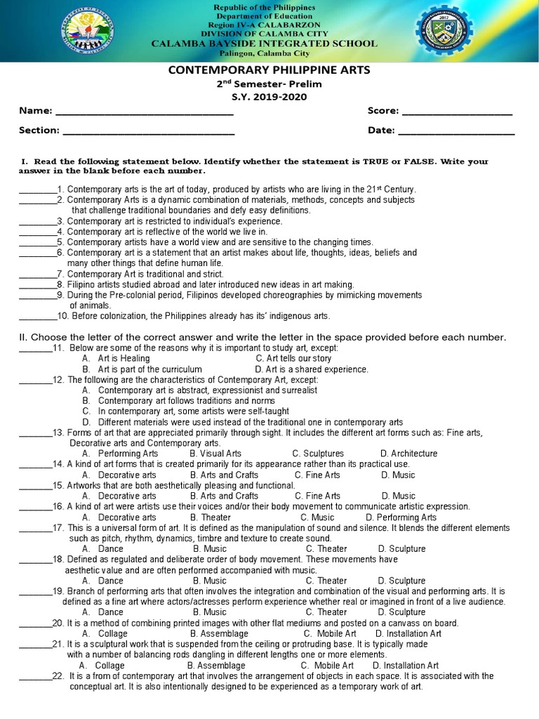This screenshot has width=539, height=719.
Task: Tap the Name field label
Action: click(x=35, y=111)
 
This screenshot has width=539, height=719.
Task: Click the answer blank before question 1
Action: click(x=37, y=190)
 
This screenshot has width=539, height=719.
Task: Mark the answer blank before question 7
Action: click(x=37, y=274)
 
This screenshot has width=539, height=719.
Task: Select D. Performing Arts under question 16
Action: click(x=401, y=517)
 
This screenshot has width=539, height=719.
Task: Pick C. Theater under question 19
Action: click(x=326, y=612)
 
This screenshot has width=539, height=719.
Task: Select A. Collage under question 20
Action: click(x=105, y=633)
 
